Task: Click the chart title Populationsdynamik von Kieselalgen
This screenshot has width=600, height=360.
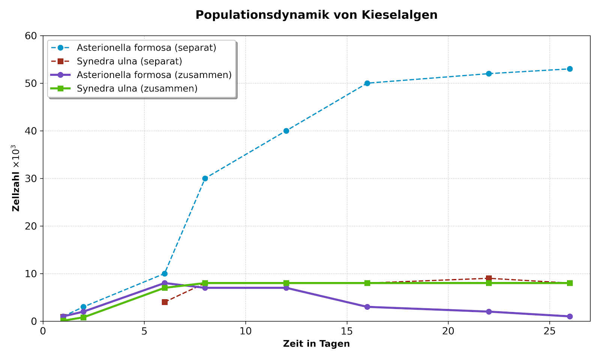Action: tap(316, 15)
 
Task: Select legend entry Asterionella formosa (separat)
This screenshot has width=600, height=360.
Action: tap(146, 48)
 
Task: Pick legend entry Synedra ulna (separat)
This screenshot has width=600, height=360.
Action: tap(129, 61)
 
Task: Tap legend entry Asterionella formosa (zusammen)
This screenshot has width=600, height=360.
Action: tap(154, 75)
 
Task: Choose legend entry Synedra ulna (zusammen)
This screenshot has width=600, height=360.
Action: tap(137, 88)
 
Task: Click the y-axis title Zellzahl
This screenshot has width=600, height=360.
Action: tap(16, 178)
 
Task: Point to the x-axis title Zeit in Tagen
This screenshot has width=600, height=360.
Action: tap(316, 343)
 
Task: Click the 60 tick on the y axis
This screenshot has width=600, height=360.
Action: tap(31, 36)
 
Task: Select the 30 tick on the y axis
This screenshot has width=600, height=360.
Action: tap(31, 178)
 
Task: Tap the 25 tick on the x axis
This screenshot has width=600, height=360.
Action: tap(549, 331)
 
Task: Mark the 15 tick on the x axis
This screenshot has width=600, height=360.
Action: tap(347, 331)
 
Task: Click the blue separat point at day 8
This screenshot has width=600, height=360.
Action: tap(205, 178)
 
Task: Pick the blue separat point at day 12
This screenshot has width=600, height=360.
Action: tap(286, 131)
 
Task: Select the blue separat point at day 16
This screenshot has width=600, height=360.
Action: tap(367, 83)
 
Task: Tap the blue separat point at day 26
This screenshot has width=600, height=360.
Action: tap(570, 69)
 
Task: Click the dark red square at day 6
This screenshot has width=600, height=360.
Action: tap(165, 302)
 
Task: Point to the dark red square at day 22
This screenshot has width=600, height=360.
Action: tap(489, 278)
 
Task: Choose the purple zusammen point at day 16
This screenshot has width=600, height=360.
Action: tap(367, 307)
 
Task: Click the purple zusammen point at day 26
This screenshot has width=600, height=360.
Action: tap(570, 316)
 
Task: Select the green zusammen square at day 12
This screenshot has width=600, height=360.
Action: tap(286, 283)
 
